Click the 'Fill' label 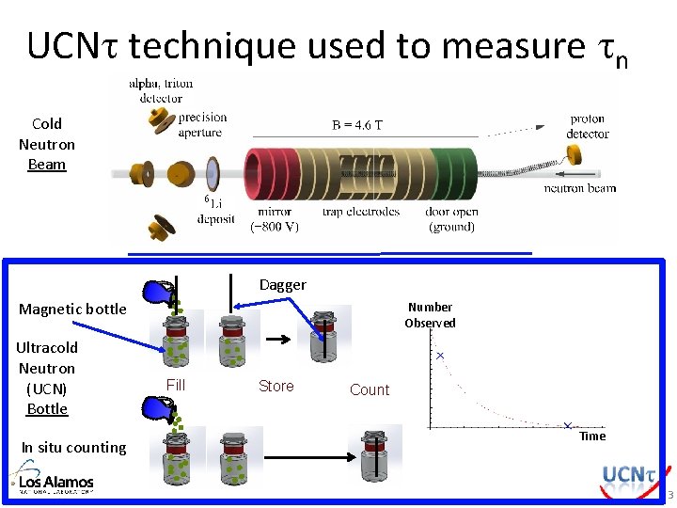tap(176, 384)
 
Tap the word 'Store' tap(276, 386)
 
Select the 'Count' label tap(369, 389)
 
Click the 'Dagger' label tap(282, 284)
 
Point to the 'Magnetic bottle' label tap(72, 309)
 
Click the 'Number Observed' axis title tap(430, 315)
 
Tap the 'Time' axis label tap(592, 436)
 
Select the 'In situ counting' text tap(73, 447)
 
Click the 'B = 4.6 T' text tap(357, 125)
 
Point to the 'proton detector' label tap(589, 126)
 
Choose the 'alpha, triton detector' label tap(160, 90)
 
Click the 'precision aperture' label tap(201, 124)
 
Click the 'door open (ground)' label tap(452, 218)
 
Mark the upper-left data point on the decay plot tap(439, 357)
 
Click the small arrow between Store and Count tap(275, 335)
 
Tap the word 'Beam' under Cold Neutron tap(47, 165)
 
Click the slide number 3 tap(669, 496)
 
